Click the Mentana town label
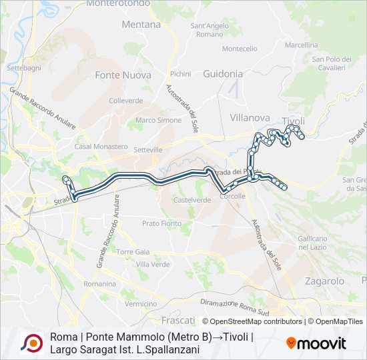141,25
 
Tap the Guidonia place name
223,74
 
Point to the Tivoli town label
294,121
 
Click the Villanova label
250,118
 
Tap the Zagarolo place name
324,281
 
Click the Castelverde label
192,199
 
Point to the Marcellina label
302,45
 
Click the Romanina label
99,284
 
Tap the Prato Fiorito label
161,223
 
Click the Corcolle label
233,197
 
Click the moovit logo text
322,344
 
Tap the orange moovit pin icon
292,343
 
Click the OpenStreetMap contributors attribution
252,321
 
